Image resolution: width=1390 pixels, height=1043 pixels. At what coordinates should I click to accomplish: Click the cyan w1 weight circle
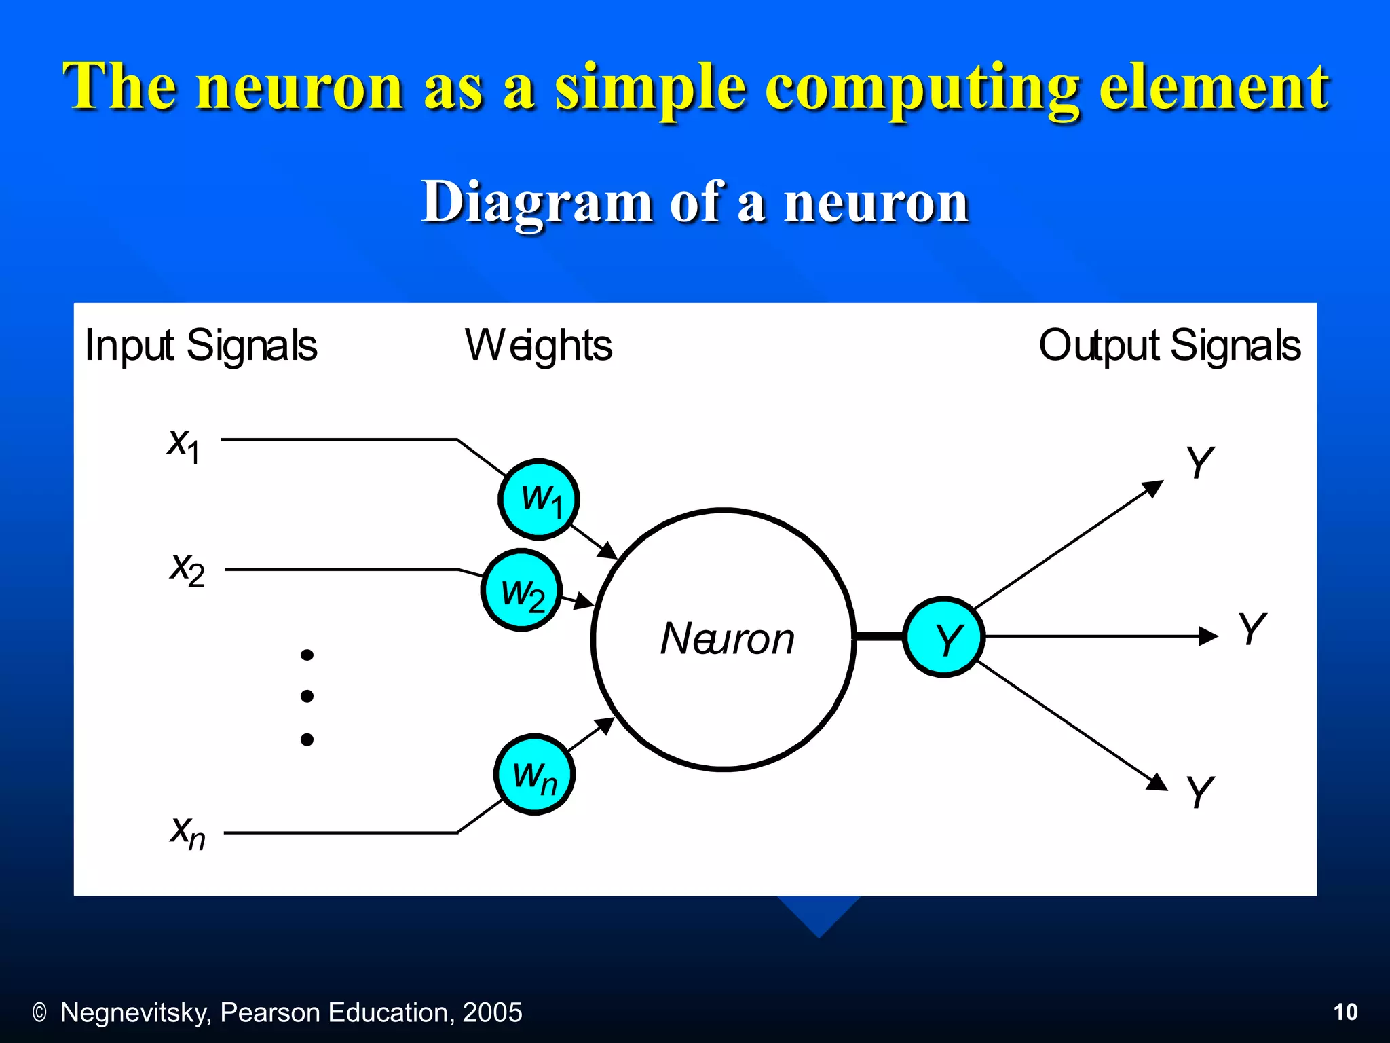pos(539,499)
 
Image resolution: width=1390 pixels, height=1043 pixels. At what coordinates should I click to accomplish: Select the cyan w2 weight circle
pos(521,590)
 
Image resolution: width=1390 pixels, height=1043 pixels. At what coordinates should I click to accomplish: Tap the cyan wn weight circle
pos(535,774)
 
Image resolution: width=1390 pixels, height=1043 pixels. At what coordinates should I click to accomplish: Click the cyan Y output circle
pos(944,637)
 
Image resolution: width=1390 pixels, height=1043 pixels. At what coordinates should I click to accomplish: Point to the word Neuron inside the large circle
pos(727,639)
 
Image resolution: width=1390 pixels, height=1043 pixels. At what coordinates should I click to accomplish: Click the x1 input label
pos(184,445)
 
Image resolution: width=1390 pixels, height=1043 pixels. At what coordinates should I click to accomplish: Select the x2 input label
pos(187,568)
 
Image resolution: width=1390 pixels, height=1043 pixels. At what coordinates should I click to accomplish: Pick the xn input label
pos(187,832)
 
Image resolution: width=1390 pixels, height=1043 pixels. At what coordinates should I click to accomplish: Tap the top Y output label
pos(1199,462)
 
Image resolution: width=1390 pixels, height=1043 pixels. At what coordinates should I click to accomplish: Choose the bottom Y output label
pos(1199,792)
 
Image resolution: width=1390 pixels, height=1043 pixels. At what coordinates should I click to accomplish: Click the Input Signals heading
pos(201,346)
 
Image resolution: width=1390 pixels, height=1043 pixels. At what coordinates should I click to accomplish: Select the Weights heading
pos(538,346)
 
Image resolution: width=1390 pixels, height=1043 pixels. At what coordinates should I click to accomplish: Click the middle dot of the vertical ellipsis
pos(307,696)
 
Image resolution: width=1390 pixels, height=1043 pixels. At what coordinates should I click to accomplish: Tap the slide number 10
pos(1345,1012)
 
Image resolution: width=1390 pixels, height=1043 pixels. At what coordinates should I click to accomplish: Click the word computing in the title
pos(922,87)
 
